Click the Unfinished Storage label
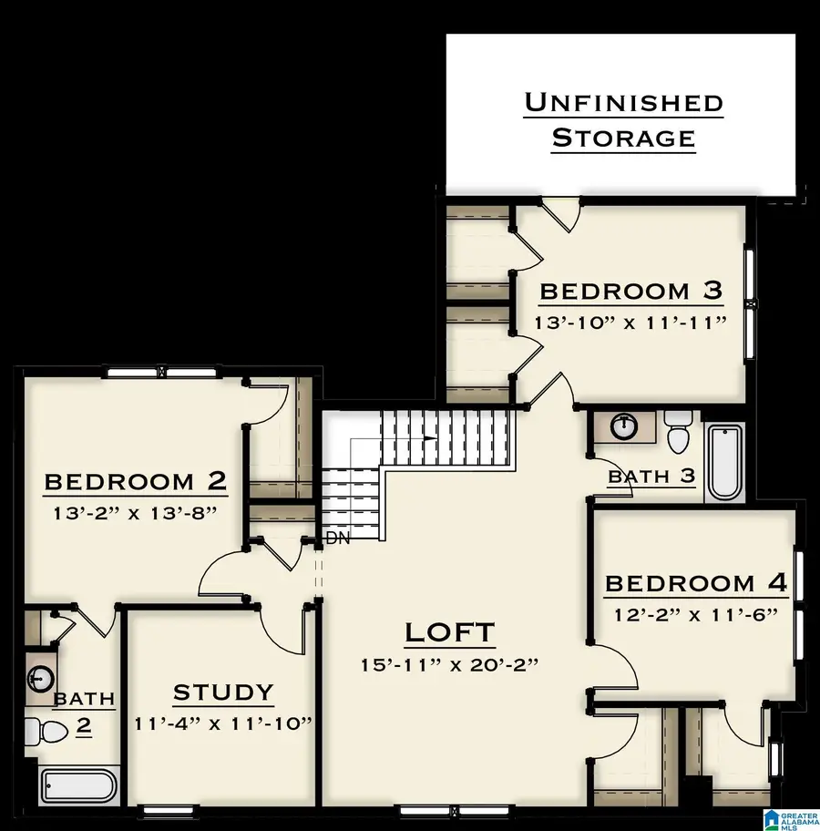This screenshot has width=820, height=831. point(624,119)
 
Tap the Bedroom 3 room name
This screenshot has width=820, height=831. point(631,291)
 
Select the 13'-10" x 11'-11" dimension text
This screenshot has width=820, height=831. point(631,323)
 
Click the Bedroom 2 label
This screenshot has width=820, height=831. point(136,480)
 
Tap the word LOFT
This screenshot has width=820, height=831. point(450,631)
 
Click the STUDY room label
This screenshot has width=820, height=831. point(223,692)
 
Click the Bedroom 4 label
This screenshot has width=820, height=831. point(696,583)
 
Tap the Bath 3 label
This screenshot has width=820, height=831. point(651,476)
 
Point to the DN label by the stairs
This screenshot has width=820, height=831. point(339,539)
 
